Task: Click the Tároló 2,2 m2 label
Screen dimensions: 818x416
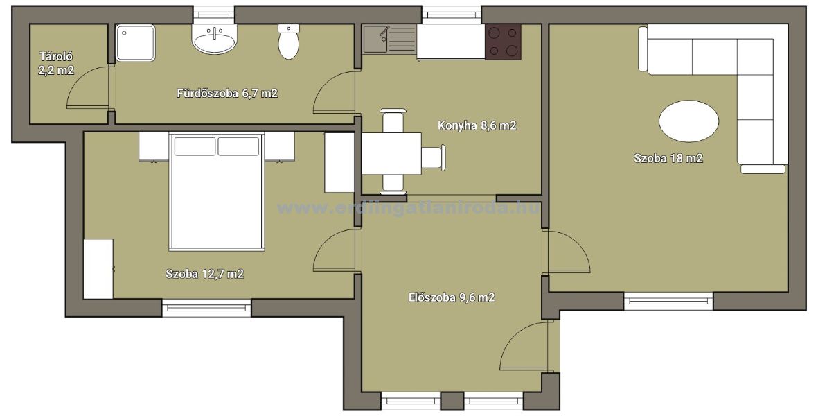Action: (56, 63)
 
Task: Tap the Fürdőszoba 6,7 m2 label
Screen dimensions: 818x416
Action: (227, 94)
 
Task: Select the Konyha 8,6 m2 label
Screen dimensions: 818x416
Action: (477, 125)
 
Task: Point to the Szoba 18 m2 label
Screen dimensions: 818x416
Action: (668, 157)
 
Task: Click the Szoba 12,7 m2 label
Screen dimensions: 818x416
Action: (204, 273)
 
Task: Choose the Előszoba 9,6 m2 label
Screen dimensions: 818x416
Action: (452, 297)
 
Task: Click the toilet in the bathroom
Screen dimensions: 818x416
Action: (289, 41)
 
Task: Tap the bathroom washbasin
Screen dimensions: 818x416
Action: (215, 39)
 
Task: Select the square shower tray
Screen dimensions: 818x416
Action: (135, 43)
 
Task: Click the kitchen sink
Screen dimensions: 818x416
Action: (390, 40)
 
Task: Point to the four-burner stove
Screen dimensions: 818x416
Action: (504, 41)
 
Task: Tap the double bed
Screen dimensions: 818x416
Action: (215, 191)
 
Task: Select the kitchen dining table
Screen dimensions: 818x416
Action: (391, 153)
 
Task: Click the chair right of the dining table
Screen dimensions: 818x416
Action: (434, 157)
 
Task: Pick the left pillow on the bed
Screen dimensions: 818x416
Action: (195, 146)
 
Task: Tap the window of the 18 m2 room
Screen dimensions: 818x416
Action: (668, 301)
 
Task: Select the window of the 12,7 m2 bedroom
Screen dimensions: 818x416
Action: (206, 307)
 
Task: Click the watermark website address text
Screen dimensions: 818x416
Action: (409, 209)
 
